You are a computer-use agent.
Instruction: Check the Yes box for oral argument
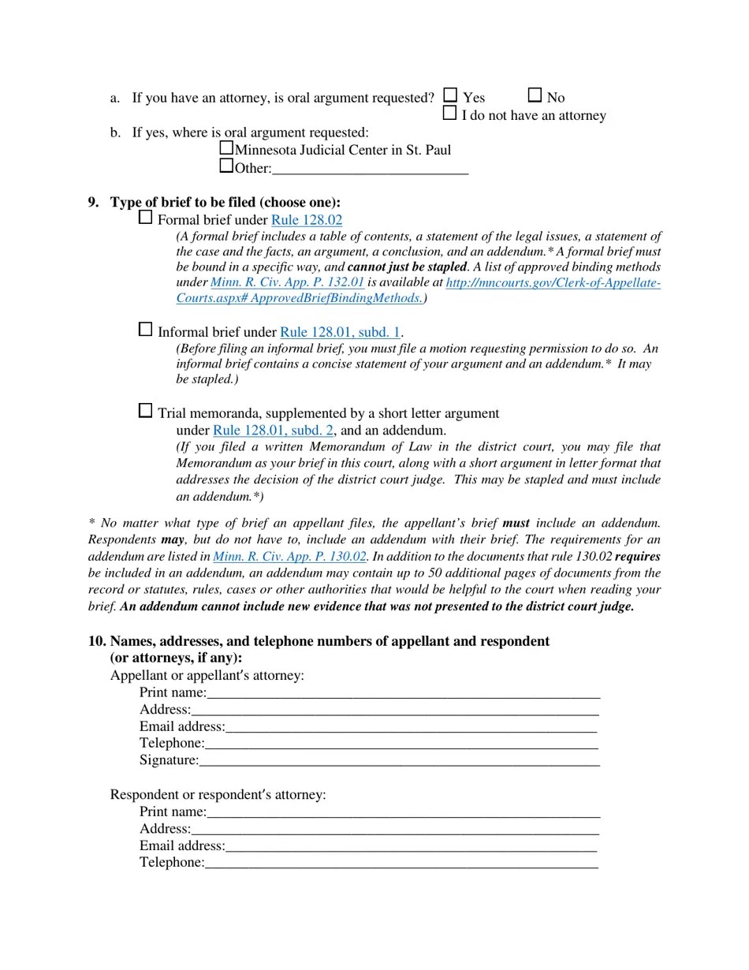pos(450,95)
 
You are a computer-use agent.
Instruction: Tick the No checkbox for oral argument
pos(535,95)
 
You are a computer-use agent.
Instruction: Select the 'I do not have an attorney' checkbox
pos(449,113)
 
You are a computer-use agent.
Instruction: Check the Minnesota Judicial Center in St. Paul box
pos(226,147)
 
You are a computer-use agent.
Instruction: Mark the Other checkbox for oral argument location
pos(226,166)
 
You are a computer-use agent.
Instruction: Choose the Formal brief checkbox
pos(145,217)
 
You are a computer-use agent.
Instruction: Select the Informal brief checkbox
pos(145,329)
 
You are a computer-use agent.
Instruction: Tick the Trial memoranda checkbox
pos(145,410)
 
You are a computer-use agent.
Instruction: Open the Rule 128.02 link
pos(307,220)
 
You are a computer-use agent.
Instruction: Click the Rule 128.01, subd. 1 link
pos(340,332)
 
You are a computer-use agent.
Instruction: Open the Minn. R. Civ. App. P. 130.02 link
pos(289,556)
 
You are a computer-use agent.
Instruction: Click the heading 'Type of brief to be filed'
pos(225,202)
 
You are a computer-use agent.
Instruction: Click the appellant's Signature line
pos(399,760)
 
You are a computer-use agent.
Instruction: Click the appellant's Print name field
pos(403,692)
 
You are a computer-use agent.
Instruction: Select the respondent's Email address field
pos(411,846)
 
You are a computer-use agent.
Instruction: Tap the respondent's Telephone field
pos(401,863)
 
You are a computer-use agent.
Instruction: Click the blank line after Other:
pos(370,168)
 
